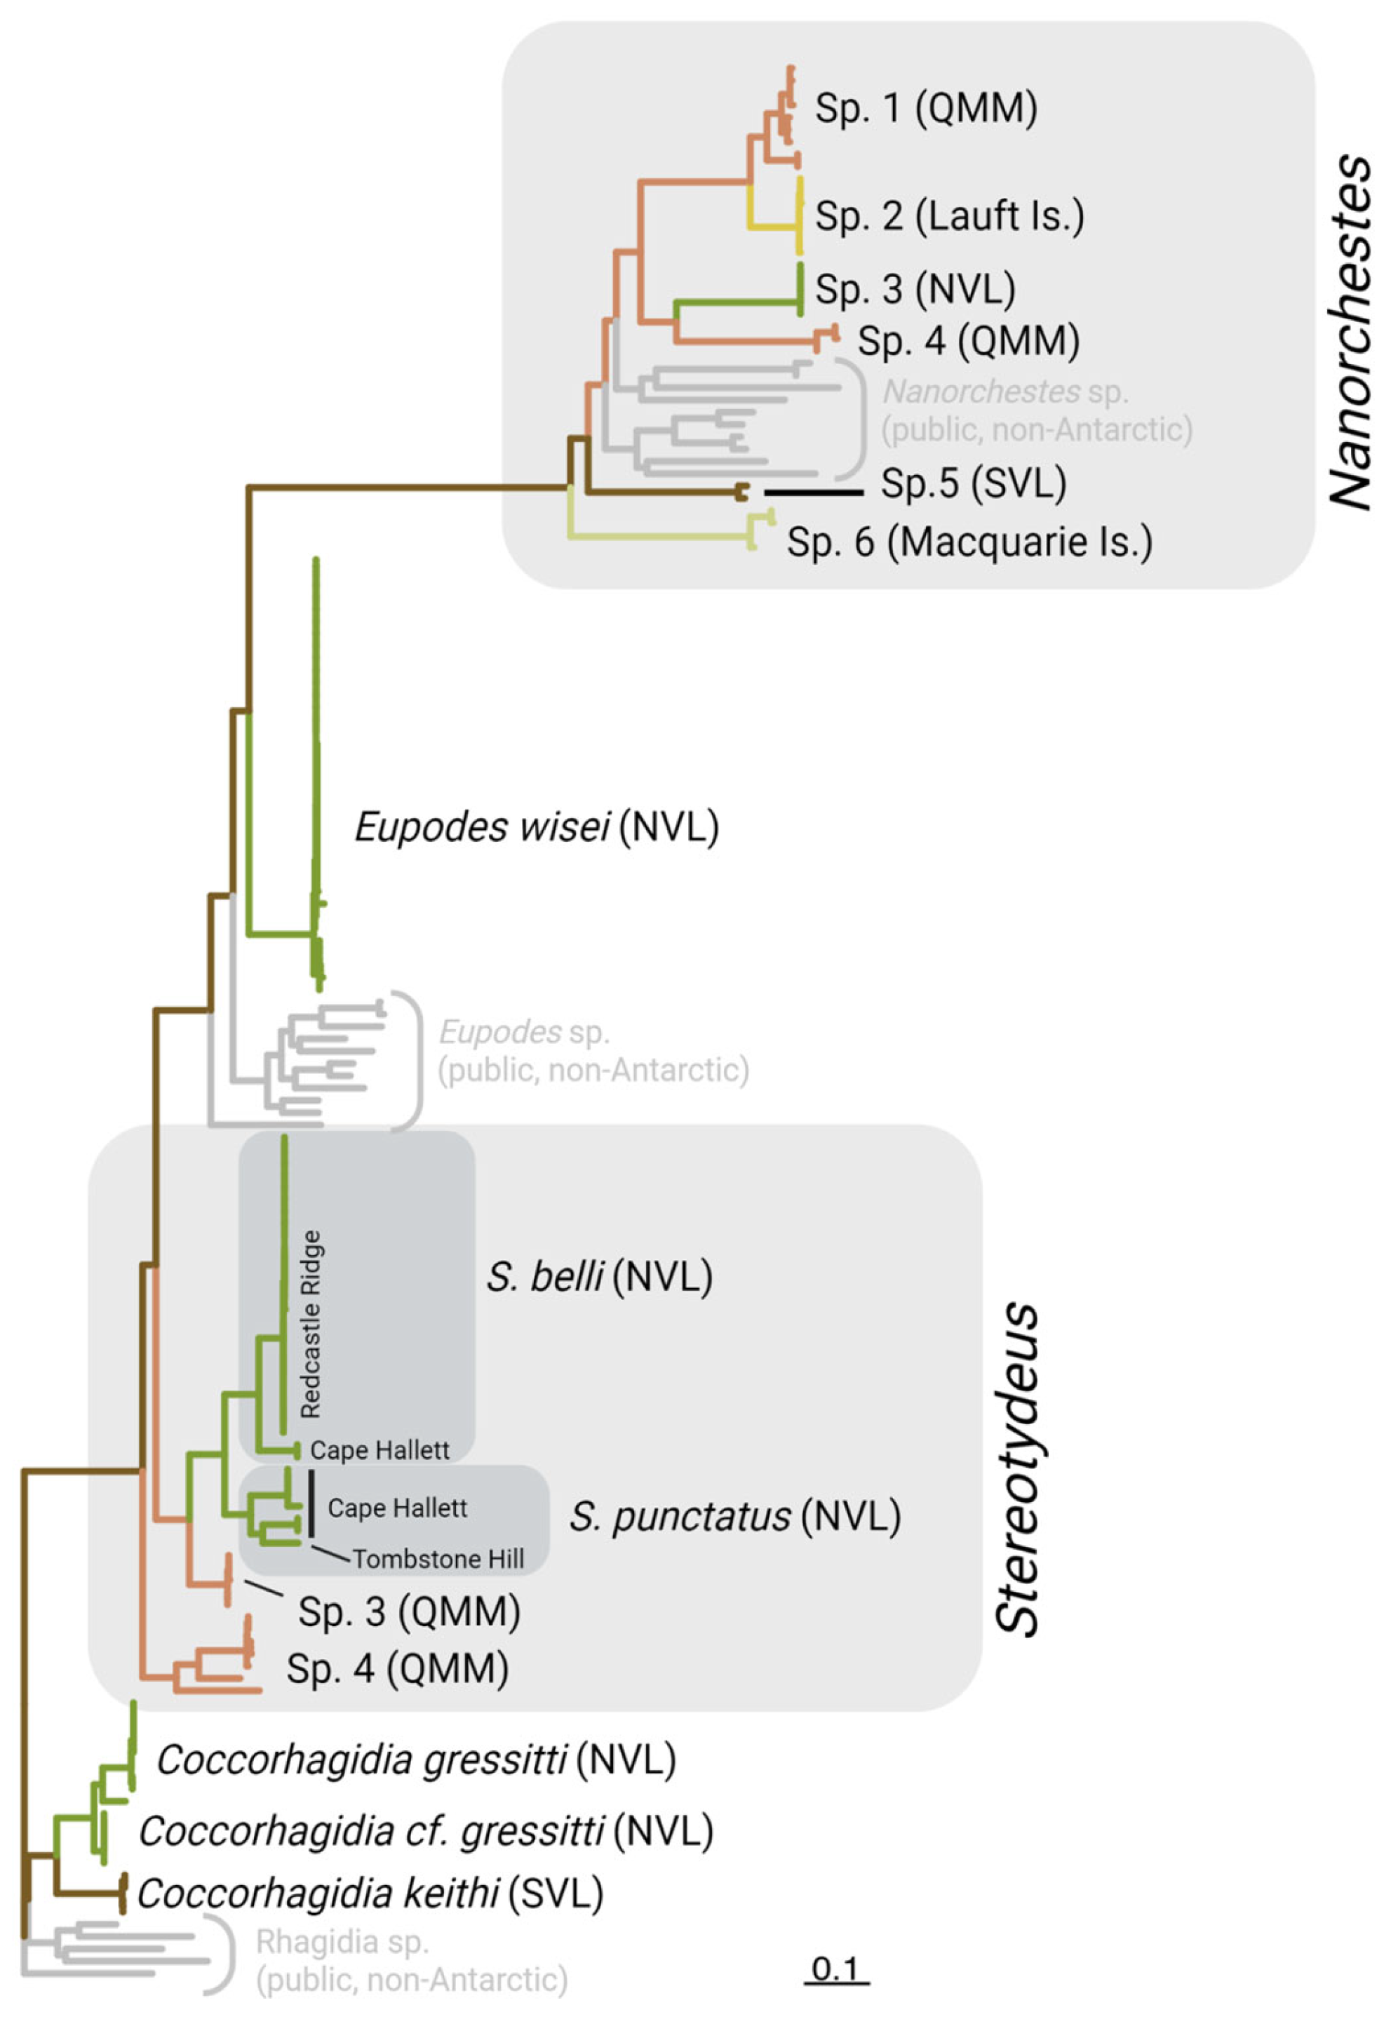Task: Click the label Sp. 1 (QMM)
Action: [x=925, y=108]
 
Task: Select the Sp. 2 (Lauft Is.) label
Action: [x=948, y=215]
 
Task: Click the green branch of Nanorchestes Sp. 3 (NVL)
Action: [x=737, y=302]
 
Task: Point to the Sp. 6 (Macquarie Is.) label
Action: [x=969, y=542]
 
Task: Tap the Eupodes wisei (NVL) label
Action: [x=536, y=826]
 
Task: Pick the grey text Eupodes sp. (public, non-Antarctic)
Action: [x=592, y=1051]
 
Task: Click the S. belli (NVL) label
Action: [x=598, y=1277]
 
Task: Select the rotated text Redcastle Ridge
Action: [x=310, y=1323]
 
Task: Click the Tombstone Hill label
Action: [x=438, y=1559]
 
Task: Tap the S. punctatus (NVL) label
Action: [x=734, y=1516]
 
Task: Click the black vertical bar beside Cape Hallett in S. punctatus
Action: [x=311, y=1504]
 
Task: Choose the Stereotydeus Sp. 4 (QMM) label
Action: [x=397, y=1669]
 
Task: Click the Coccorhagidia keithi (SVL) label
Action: [x=369, y=1893]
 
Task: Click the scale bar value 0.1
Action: [x=835, y=1969]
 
